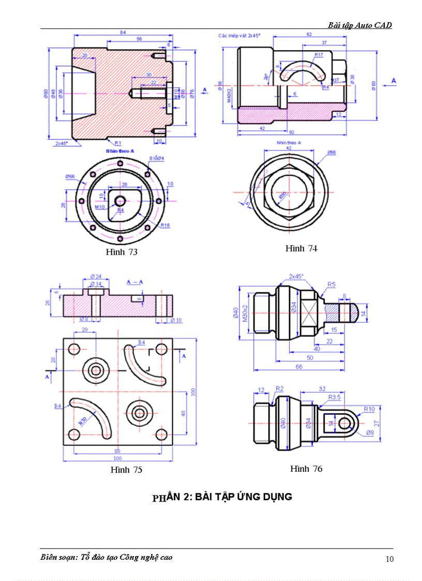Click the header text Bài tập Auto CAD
tap(359, 25)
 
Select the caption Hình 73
tap(122, 252)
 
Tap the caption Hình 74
tap(301, 248)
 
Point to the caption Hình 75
tap(126, 470)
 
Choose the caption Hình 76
tap(306, 468)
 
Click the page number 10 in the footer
tap(389, 559)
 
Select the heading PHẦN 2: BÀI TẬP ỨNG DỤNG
tap(222, 497)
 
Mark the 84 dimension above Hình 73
tap(123, 33)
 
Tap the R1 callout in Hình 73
tap(118, 142)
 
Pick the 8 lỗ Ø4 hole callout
tap(157, 158)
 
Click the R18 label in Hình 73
tap(165, 225)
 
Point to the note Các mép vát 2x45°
tap(239, 36)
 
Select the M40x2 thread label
tap(229, 96)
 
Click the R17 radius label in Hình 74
tap(319, 54)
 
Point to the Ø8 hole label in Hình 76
tap(369, 432)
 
